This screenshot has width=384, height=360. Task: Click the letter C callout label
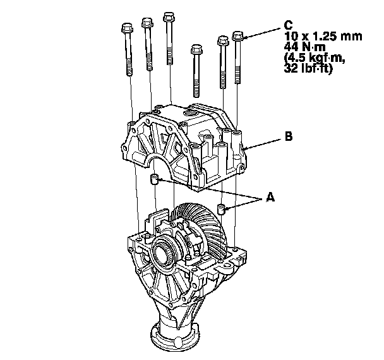pyautogui.click(x=288, y=25)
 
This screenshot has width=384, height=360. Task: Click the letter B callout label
pyautogui.click(x=289, y=136)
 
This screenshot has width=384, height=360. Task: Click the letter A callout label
pyautogui.click(x=270, y=197)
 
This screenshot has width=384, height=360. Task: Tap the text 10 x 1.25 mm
pyautogui.click(x=323, y=36)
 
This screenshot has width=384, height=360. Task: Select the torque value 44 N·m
pyautogui.click(x=304, y=47)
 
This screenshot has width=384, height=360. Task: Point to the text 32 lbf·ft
pyautogui.click(x=308, y=68)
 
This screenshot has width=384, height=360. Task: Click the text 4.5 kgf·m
pyautogui.click(x=315, y=58)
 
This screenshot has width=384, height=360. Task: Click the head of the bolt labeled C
pyautogui.click(x=237, y=36)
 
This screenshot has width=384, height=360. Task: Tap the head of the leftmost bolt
pyautogui.click(x=127, y=28)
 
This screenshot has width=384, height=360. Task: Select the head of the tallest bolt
pyautogui.click(x=169, y=16)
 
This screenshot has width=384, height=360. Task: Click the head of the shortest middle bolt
pyautogui.click(x=196, y=49)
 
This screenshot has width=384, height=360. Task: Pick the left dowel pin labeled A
pyautogui.click(x=154, y=179)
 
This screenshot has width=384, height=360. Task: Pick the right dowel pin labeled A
pyautogui.click(x=222, y=209)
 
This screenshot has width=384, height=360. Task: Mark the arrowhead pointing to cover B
pyautogui.click(x=246, y=148)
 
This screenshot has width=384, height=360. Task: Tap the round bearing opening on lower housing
pyautogui.click(x=162, y=256)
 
